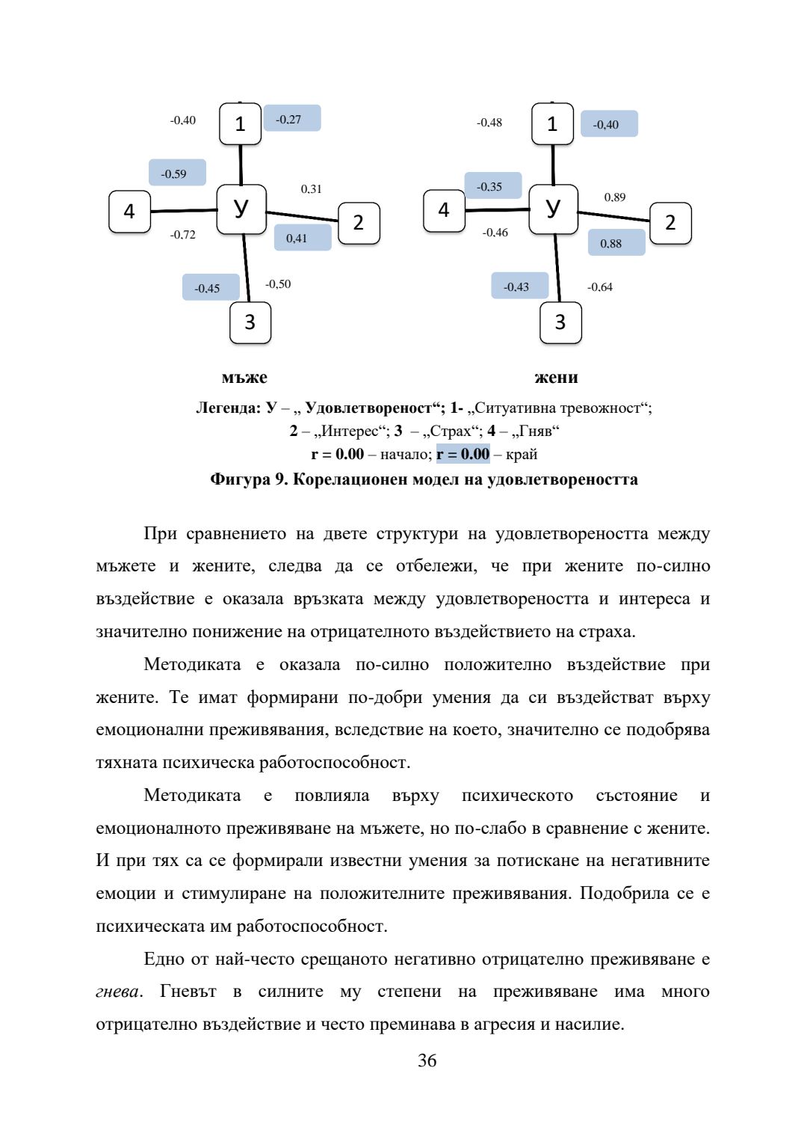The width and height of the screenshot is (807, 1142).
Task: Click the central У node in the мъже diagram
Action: click(241, 209)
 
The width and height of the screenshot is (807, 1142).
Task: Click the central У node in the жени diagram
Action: click(553, 209)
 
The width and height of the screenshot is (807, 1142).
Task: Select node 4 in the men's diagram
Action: click(129, 212)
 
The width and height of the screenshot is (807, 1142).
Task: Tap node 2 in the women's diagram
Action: click(670, 223)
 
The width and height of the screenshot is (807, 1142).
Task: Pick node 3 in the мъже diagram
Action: click(250, 322)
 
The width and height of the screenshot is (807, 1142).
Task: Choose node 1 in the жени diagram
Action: click(552, 124)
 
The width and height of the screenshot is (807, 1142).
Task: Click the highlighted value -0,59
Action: click(177, 174)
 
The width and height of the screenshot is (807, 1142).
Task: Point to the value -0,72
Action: click(183, 235)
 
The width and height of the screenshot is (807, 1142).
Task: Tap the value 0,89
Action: click(615, 197)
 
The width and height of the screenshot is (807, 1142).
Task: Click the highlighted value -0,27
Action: click(291, 119)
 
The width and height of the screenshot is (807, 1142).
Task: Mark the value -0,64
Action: click(600, 287)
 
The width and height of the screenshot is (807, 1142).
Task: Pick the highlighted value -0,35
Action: click(492, 186)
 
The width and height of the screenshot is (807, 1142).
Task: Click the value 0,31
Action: click(312, 189)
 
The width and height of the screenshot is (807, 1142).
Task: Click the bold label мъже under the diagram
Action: click(244, 378)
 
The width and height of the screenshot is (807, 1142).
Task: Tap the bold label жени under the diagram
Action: click(557, 378)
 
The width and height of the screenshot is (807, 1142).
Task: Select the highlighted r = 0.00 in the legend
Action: click(463, 454)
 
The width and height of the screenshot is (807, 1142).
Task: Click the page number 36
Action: click(427, 1060)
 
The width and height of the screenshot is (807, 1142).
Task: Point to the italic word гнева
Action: click(117, 992)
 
